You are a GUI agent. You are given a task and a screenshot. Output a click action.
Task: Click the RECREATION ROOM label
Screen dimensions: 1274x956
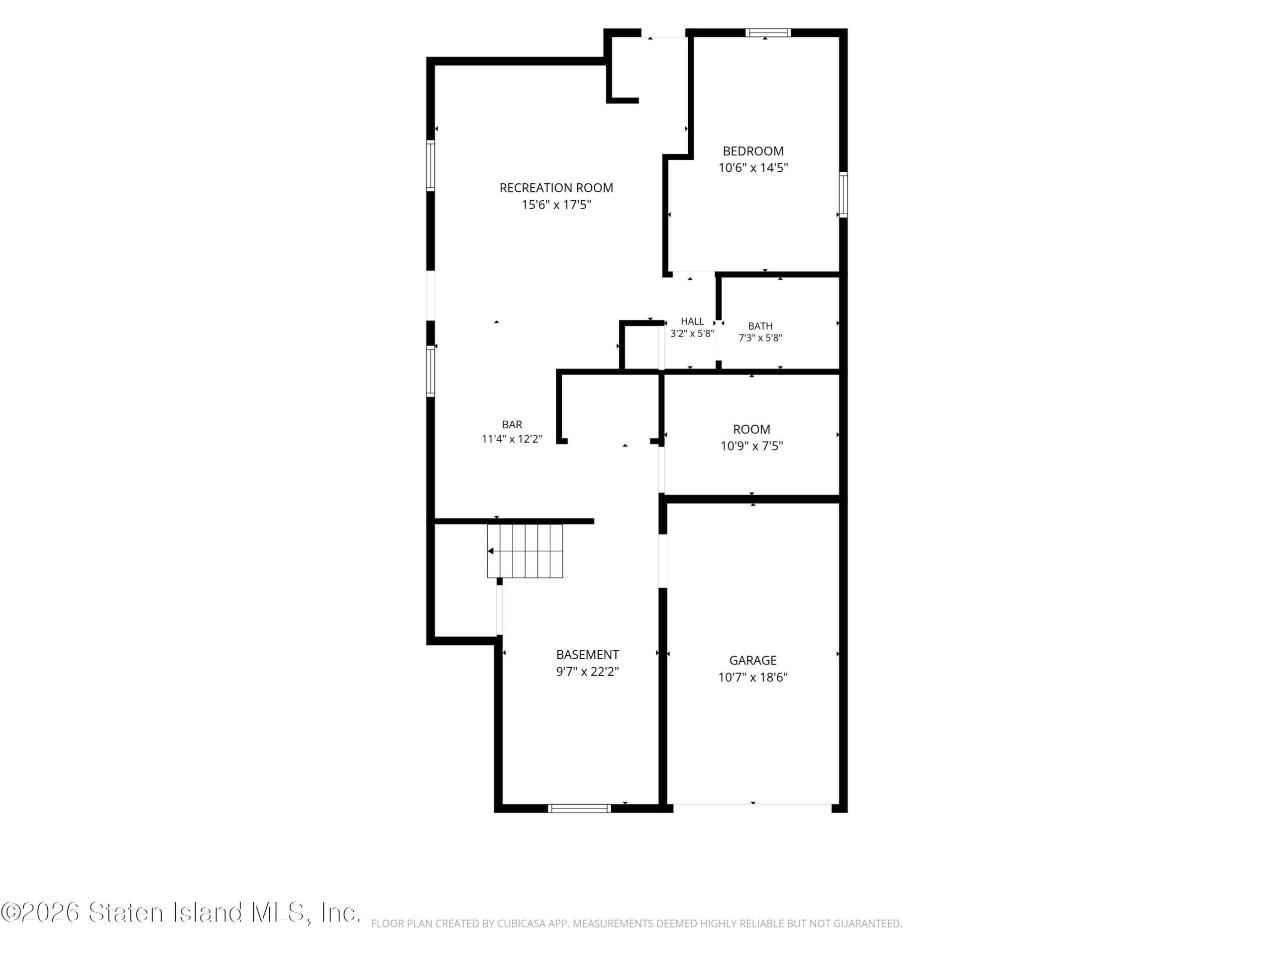click(556, 188)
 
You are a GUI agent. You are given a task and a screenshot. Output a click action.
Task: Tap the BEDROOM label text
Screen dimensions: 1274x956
click(753, 151)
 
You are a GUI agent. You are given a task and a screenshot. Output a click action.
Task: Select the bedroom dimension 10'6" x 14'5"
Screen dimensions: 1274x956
click(753, 168)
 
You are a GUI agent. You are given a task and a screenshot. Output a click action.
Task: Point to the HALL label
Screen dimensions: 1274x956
click(692, 322)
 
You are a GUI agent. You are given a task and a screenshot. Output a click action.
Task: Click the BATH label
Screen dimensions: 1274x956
click(760, 326)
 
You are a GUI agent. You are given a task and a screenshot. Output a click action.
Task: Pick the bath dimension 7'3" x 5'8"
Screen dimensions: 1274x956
click(760, 338)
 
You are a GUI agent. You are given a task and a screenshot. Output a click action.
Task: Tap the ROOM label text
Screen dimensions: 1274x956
click(751, 429)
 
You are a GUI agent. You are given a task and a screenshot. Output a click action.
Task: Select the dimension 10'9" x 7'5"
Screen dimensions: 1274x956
click(751, 446)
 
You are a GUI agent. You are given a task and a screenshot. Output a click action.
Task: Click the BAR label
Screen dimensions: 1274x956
click(512, 425)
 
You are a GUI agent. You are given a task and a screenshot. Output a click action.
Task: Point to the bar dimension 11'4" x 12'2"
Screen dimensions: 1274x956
click(512, 439)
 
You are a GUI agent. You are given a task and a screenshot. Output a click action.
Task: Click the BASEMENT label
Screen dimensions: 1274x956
click(587, 655)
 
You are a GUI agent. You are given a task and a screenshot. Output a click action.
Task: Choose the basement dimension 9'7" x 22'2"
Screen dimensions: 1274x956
click(587, 671)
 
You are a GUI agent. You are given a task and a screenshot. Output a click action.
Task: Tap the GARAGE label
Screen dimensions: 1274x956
click(753, 660)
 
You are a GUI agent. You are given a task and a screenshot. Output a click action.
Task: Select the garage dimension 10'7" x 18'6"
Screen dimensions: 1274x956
click(753, 677)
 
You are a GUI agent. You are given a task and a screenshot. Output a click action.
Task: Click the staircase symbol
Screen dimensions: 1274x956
click(525, 551)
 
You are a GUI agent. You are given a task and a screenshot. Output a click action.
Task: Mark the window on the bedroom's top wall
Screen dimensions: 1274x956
click(768, 33)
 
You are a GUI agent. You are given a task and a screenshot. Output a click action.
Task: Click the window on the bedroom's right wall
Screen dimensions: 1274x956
click(843, 194)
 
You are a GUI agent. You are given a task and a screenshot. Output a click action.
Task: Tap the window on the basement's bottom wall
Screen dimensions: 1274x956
click(579, 809)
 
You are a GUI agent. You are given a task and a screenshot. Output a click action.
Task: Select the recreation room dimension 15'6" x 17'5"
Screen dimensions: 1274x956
click(556, 205)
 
